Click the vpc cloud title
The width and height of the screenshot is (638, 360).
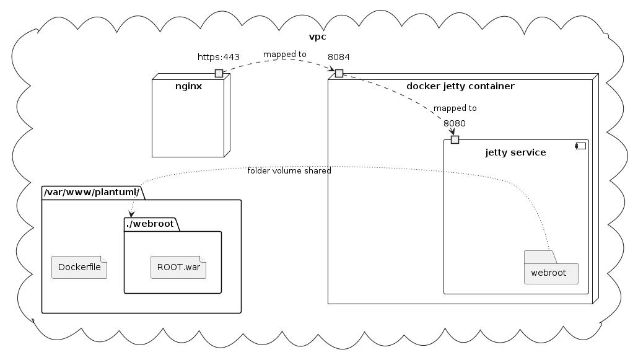point(317,37)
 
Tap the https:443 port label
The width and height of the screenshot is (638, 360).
point(218,58)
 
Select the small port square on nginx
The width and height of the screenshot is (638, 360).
point(219,74)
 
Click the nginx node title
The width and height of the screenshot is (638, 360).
point(188,86)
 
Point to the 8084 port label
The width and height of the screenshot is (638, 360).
point(338,57)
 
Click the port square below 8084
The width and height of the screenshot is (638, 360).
point(339,74)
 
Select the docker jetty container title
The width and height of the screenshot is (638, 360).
point(460,86)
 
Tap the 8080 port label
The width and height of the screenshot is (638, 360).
point(455,123)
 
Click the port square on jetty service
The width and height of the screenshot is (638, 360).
point(455,139)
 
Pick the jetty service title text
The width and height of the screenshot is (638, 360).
point(515,152)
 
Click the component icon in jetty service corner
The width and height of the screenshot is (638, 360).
point(580,147)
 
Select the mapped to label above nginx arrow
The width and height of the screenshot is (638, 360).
point(284,55)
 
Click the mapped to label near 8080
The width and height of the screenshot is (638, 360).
point(455,108)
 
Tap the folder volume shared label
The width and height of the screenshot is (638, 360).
point(289,170)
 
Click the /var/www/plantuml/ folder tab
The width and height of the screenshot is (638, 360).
point(92,193)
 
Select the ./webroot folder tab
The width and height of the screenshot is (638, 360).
point(151,224)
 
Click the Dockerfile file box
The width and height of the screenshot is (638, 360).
point(79,268)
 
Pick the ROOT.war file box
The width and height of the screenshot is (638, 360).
point(178,268)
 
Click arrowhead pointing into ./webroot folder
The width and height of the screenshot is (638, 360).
point(132,213)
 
